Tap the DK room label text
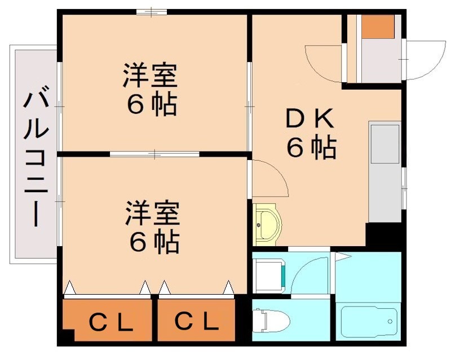(x=310, y=119)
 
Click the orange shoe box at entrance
(x=377, y=26)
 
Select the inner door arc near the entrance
(x=322, y=63)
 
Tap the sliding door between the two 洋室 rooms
(x=154, y=153)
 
